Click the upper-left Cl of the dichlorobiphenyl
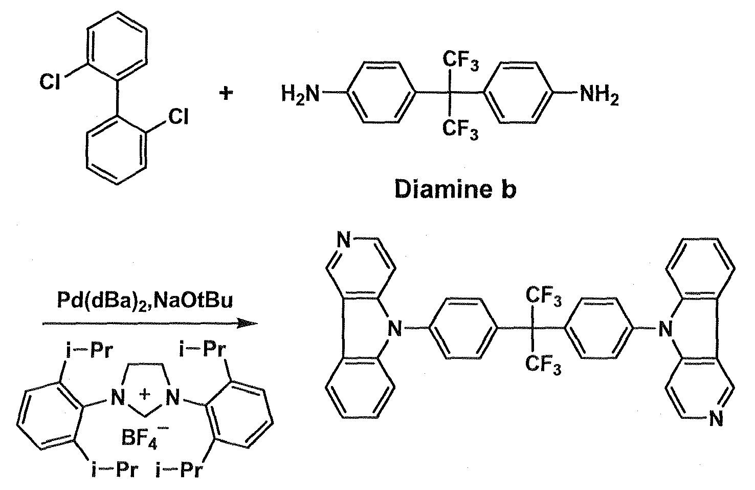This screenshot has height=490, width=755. tap(51, 82)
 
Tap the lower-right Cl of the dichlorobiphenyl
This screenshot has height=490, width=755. tap(179, 118)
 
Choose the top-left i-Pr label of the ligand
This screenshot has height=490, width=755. tap(92, 351)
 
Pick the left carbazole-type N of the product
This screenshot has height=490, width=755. tap(394, 328)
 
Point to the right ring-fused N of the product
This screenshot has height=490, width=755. tap(664, 328)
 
